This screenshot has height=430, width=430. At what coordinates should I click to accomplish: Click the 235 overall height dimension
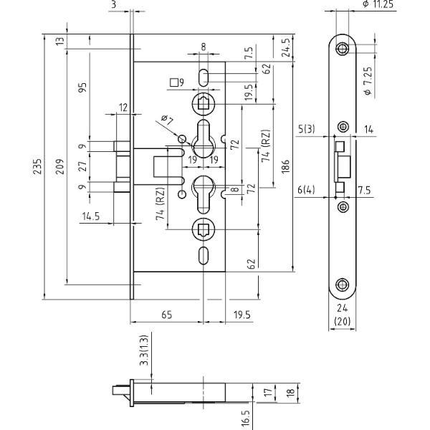point(37,166)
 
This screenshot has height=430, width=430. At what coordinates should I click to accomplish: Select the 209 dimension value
point(59,166)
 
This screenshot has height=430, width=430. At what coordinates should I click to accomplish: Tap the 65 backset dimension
point(167,315)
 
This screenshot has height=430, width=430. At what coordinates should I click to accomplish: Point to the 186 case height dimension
point(285,166)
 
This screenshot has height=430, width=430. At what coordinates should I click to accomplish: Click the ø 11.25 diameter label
point(378,4)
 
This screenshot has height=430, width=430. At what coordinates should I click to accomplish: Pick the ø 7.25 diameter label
point(368,81)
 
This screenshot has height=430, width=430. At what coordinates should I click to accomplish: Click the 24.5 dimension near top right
point(286,47)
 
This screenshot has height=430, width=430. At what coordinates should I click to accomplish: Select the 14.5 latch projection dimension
point(91,216)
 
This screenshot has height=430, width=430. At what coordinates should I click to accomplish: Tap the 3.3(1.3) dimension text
point(144,350)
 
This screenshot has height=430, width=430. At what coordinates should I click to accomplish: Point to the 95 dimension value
point(82,87)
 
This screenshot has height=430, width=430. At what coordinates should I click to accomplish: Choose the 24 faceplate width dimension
point(343,308)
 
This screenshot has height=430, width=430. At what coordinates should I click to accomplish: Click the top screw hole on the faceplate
point(343,49)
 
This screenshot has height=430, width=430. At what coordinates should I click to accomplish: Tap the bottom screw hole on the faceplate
point(343,285)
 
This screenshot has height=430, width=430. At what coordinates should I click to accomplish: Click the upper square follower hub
point(204,104)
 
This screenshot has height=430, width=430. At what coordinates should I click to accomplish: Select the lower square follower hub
point(204,229)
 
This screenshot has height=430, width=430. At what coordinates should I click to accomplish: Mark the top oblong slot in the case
point(204,77)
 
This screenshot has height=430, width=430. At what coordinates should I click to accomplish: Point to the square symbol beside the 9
point(173,82)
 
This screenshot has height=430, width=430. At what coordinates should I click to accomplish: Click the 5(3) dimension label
point(307,128)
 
